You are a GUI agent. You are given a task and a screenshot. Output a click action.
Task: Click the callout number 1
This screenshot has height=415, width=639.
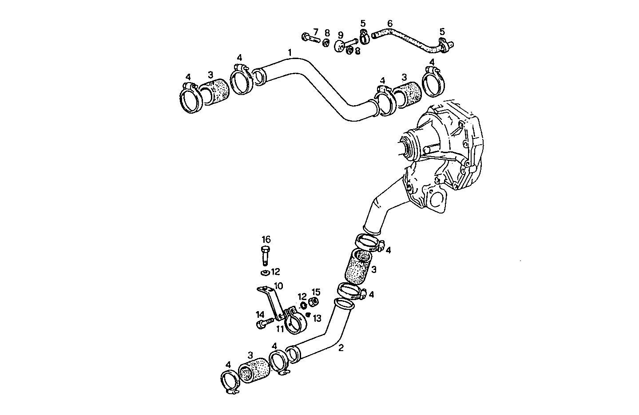[x=290, y=53]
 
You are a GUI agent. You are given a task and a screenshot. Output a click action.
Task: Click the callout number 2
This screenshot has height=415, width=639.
[x=341, y=348]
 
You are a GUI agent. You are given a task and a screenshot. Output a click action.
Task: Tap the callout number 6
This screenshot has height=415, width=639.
[x=389, y=23]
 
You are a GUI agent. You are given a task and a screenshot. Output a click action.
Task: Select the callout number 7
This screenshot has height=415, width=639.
[x=316, y=32]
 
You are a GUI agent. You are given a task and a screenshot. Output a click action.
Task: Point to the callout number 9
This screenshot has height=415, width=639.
[x=341, y=35]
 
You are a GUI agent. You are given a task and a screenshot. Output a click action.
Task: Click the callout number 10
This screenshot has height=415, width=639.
[x=278, y=286]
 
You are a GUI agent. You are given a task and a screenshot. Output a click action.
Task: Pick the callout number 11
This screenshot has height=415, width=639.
[x=280, y=329]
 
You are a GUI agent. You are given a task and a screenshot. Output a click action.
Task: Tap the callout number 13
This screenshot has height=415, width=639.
[x=317, y=318]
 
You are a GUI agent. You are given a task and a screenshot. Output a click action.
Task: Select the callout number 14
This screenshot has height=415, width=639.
[x=260, y=315]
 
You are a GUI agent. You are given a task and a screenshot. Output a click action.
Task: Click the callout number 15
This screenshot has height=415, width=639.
[x=316, y=292]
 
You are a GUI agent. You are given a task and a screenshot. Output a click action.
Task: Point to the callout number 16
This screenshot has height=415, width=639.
[x=266, y=240]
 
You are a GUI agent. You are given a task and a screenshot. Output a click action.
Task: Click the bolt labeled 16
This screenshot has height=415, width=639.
[x=265, y=255]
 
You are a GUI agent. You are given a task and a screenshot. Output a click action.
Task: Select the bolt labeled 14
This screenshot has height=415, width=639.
[x=264, y=324]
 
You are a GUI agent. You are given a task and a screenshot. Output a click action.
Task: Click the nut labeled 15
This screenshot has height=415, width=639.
[x=313, y=302]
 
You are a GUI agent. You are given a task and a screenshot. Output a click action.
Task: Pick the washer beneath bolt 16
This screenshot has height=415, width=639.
[x=265, y=272]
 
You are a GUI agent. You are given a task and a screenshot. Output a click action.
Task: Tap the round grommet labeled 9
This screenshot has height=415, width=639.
[x=340, y=46]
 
